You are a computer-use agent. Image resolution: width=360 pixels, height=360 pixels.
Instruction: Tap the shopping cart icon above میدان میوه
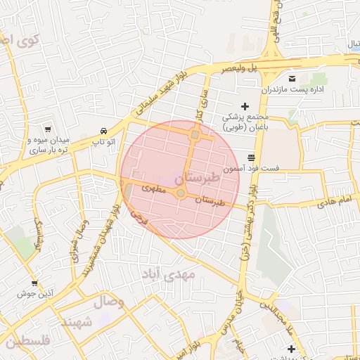47,129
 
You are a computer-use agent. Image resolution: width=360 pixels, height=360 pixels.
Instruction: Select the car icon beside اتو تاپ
103,131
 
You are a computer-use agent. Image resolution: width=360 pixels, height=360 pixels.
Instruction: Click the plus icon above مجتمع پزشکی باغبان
245,105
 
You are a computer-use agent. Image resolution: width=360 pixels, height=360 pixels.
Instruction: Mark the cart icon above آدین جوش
34,283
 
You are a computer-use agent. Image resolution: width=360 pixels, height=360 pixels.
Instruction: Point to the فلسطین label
27,342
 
